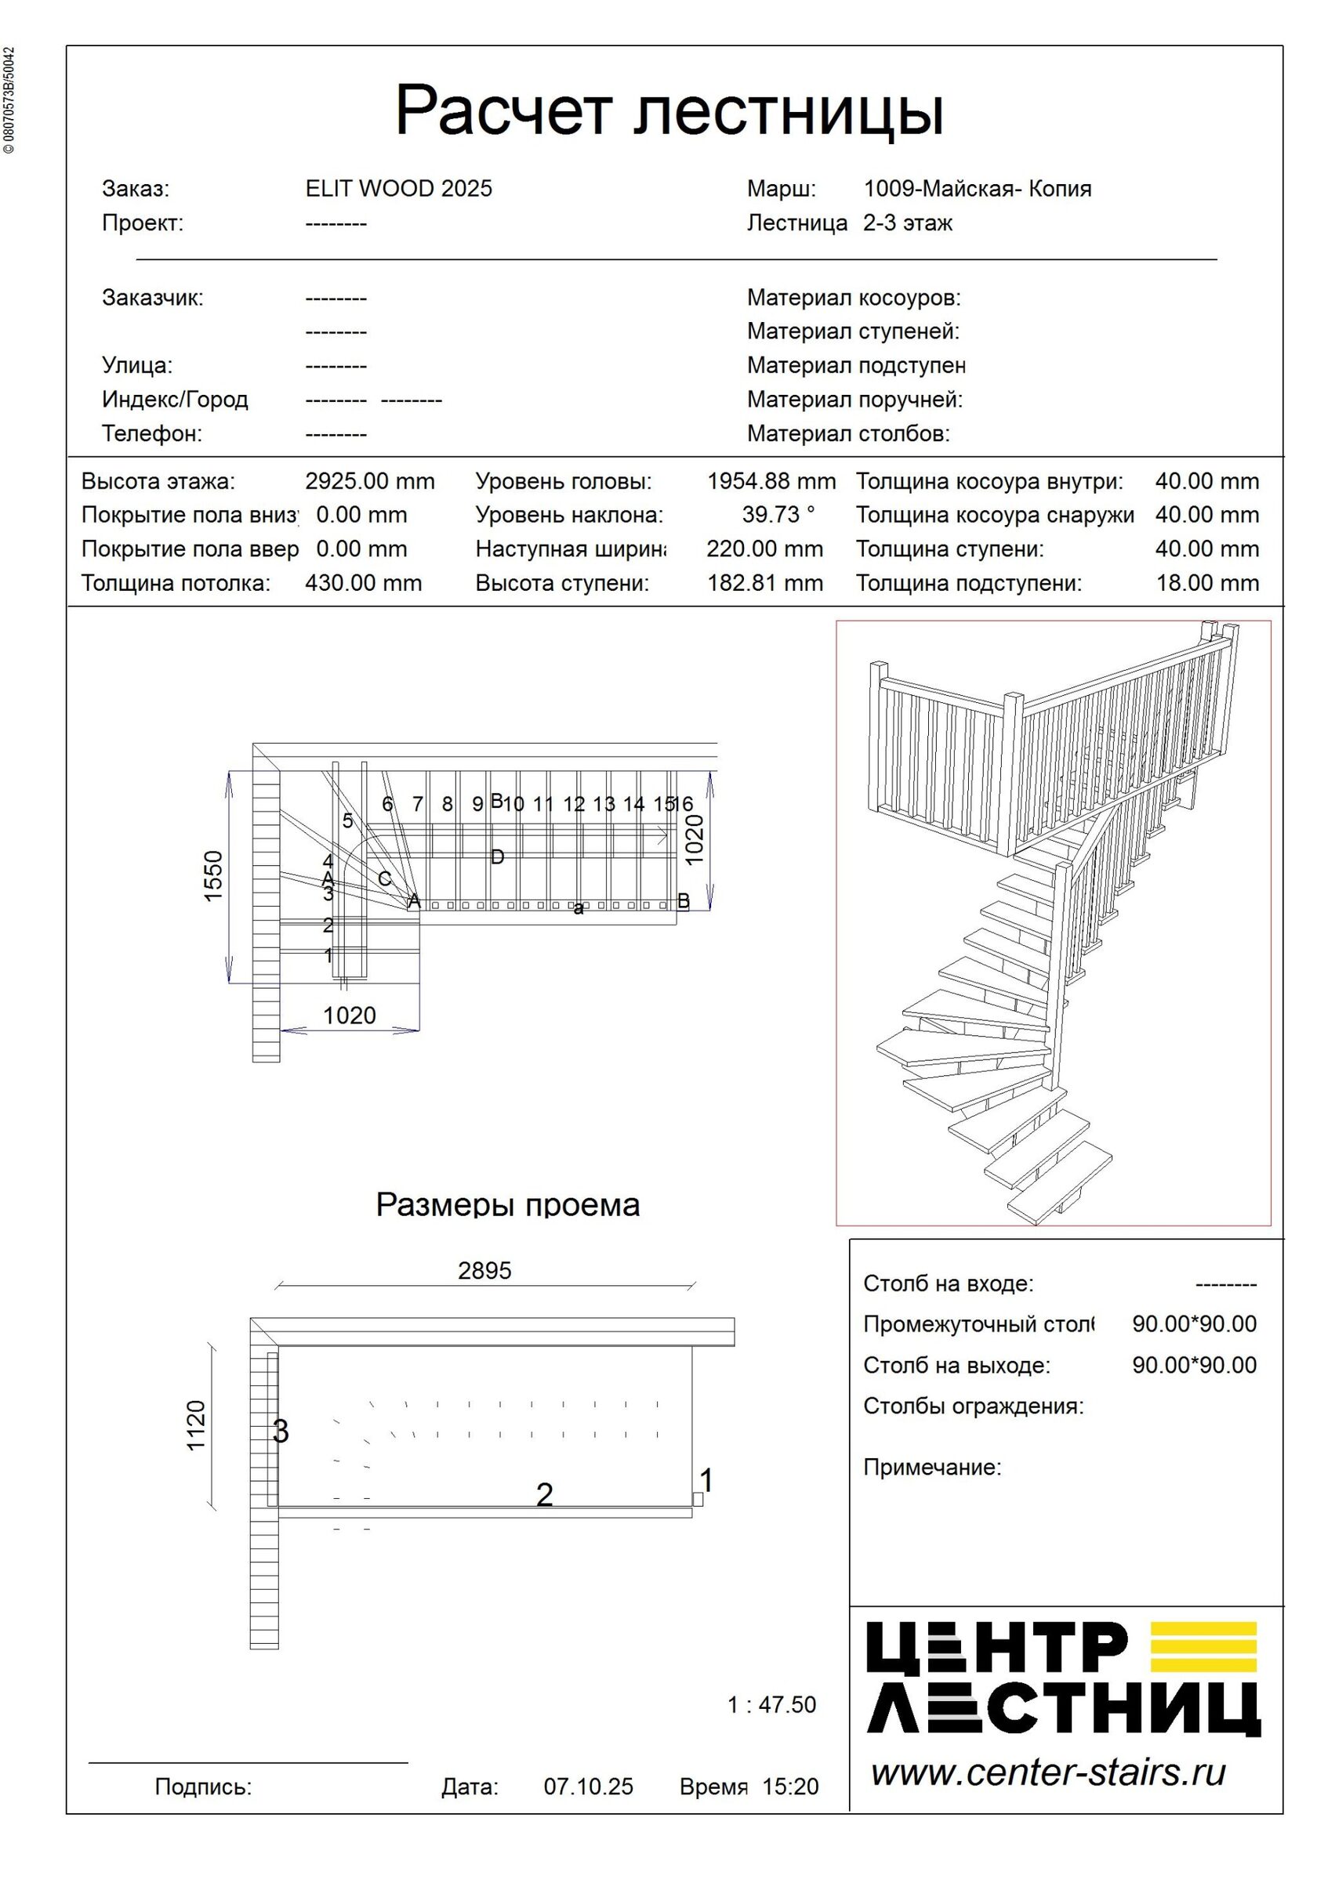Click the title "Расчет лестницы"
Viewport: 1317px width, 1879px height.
tap(669, 110)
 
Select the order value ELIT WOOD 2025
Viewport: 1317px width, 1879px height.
tap(398, 189)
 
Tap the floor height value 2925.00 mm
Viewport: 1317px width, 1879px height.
tap(369, 481)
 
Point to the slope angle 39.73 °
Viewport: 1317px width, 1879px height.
tap(778, 515)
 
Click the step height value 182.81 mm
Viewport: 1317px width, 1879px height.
tap(764, 584)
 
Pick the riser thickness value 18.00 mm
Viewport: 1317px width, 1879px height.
tap(1206, 584)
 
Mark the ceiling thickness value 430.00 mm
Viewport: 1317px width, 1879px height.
tap(364, 584)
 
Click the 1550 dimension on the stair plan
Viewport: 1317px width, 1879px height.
tap(212, 877)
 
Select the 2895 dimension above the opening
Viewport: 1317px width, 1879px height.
tap(484, 1271)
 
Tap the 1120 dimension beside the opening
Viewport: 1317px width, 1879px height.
tap(197, 1425)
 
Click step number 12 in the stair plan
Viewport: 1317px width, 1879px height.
tap(574, 805)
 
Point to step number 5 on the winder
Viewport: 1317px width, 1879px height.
tap(347, 821)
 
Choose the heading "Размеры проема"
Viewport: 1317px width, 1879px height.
tap(507, 1204)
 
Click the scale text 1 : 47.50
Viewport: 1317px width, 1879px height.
tap(771, 1705)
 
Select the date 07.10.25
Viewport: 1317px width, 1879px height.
tap(588, 1787)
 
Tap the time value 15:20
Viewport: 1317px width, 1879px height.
tap(790, 1787)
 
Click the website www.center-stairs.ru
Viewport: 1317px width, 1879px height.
tap(1047, 1772)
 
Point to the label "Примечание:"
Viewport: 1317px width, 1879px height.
tap(931, 1468)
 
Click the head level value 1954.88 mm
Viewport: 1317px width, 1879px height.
tap(771, 481)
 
